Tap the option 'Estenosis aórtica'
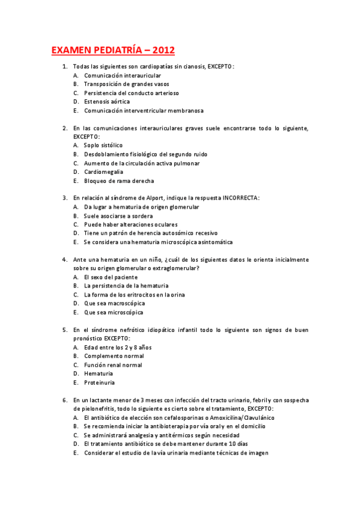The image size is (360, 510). tap(106, 102)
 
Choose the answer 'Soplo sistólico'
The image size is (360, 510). tap(103, 145)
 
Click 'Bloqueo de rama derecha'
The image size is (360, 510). tap(119, 180)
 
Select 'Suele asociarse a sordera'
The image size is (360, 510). tap(118, 215)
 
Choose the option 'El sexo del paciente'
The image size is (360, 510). tap(111, 277)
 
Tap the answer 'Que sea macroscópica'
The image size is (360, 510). tap(114, 303)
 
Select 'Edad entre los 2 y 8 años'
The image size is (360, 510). tap(118, 347)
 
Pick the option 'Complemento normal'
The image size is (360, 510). tap(114, 356)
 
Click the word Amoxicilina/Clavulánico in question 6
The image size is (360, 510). tap(241, 417)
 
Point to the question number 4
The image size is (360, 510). tap(64, 260)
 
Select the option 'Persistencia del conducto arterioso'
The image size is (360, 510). tap(132, 93)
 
